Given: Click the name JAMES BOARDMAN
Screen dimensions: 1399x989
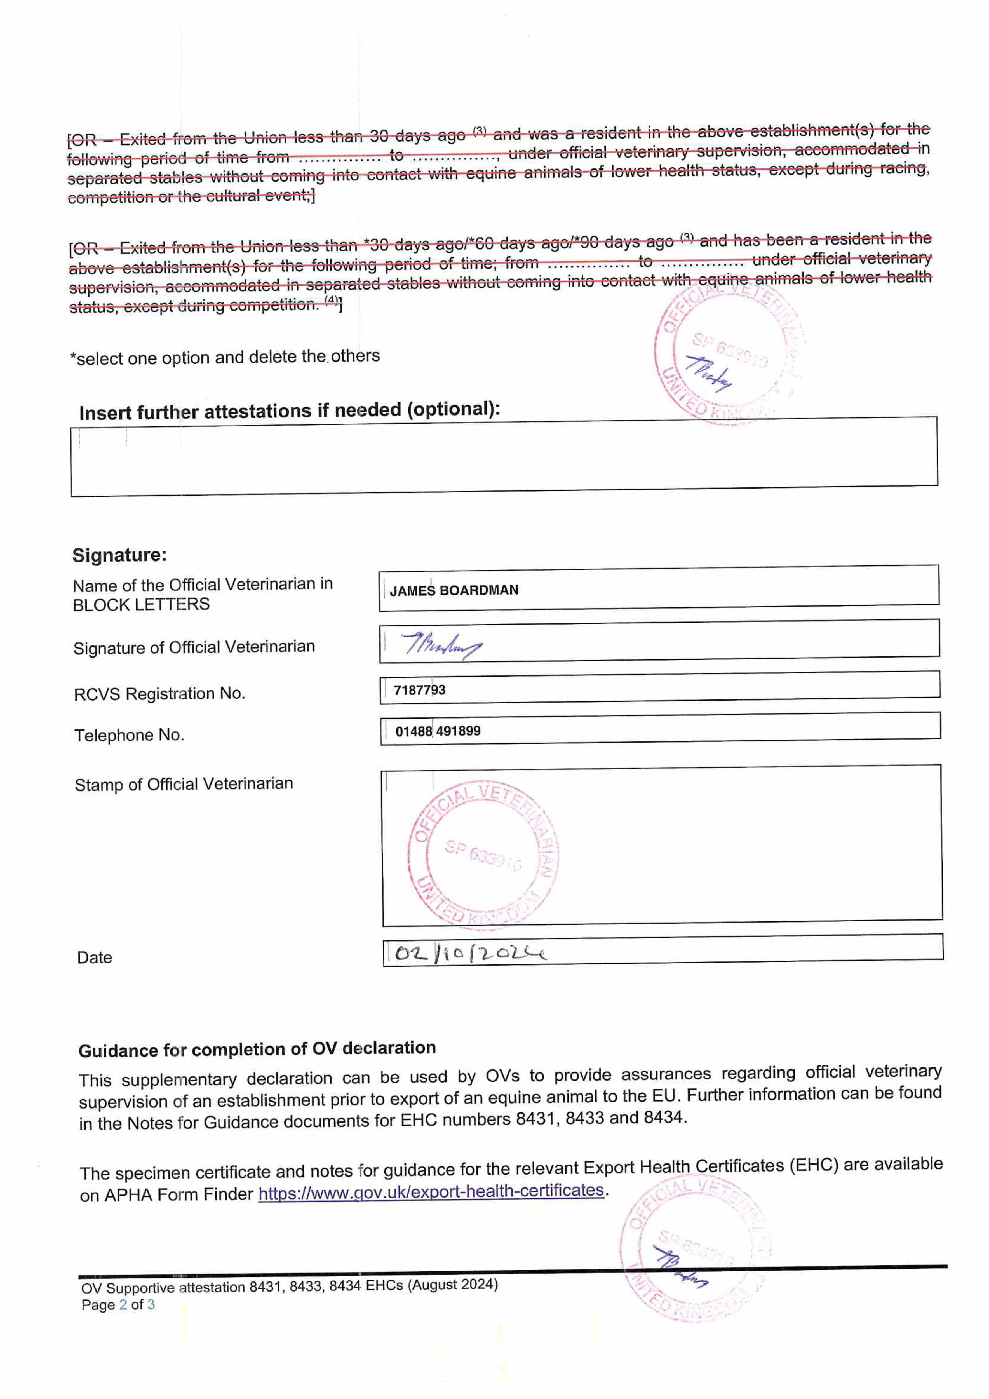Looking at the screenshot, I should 454,590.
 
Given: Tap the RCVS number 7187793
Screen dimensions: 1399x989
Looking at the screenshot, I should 419,690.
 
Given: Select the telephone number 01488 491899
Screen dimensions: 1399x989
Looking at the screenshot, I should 438,731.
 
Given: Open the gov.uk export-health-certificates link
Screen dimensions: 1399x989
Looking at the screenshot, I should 431,1191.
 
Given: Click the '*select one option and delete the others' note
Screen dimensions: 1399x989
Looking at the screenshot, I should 225,357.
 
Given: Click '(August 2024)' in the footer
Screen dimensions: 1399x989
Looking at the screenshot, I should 453,1285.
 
